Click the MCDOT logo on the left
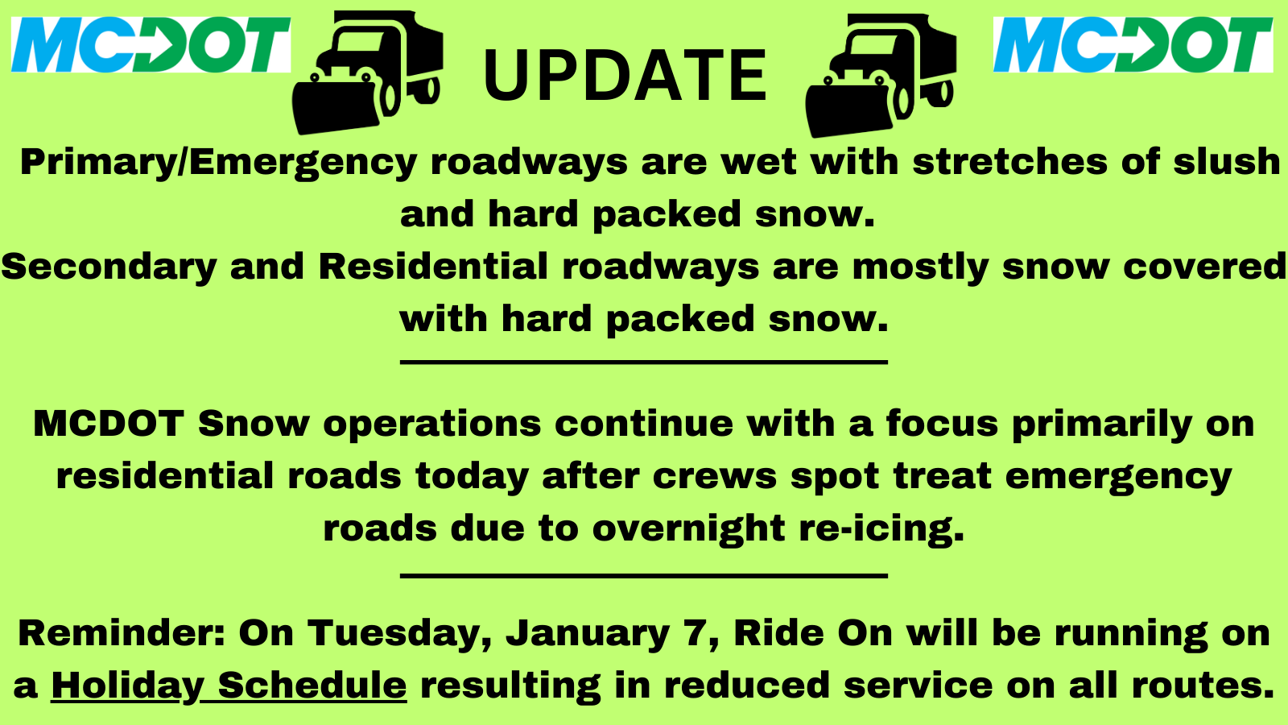[x=151, y=45]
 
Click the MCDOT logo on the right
[x=1133, y=45]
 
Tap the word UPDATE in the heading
[x=625, y=75]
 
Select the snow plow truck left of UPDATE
[x=368, y=72]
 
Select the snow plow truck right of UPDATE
[x=881, y=76]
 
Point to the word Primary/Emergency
[x=218, y=163]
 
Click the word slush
[x=1227, y=161]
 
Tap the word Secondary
[x=109, y=267]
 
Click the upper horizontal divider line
[x=644, y=362]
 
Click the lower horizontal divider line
[x=644, y=575]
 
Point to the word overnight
[x=689, y=529]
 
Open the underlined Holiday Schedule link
[x=229, y=686]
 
